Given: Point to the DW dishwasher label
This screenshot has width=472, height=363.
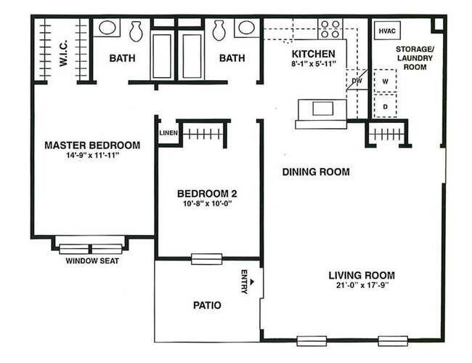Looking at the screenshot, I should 357,81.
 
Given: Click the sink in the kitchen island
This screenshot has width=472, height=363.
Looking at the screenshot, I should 322,109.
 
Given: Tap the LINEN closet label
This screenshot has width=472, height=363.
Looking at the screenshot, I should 168,133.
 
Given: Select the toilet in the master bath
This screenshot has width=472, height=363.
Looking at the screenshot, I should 136,30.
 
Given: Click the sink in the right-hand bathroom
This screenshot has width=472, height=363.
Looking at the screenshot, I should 245,28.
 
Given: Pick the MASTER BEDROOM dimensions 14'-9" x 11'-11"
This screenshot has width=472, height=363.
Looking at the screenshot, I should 91,156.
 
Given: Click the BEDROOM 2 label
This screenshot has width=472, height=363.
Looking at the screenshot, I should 207,194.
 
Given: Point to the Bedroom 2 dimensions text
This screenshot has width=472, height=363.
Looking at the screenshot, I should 207,204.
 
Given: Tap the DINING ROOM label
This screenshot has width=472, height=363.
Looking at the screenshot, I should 316,172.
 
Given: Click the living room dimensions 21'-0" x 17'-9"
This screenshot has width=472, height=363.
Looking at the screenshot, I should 361,286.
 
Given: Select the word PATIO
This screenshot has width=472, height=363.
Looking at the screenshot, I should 207,306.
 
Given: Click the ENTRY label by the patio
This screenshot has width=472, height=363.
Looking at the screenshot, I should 244,282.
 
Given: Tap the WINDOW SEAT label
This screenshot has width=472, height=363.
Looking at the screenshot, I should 92,261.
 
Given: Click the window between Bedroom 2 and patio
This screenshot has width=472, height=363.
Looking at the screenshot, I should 206,258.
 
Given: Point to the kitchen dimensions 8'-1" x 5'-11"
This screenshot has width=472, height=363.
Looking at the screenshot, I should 313,65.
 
